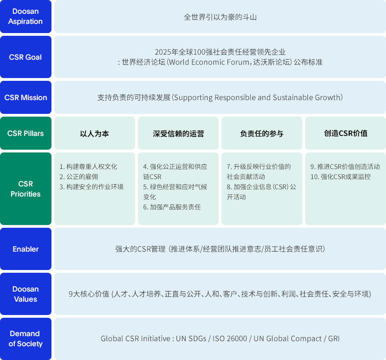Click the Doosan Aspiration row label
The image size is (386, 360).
click(x=26, y=17)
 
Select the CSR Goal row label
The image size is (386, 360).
click(x=26, y=57)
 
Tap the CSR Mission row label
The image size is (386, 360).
click(x=26, y=97)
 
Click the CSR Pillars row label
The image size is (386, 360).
click(x=26, y=133)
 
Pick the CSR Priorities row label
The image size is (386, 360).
click(x=26, y=189)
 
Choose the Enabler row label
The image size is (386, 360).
click(x=26, y=249)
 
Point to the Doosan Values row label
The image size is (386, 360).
click(x=26, y=294)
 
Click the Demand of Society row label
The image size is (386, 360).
click(x=26, y=338)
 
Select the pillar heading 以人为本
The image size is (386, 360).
click(x=95, y=134)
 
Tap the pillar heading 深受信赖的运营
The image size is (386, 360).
click(x=178, y=134)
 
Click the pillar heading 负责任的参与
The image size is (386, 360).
click(x=261, y=134)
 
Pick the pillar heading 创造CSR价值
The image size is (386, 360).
click(x=346, y=133)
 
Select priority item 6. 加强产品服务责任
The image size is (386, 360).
click(x=172, y=207)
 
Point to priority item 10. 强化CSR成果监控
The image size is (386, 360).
click(x=341, y=177)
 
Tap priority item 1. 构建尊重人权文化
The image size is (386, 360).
click(x=88, y=167)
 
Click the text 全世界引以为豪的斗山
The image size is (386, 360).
click(x=220, y=17)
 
